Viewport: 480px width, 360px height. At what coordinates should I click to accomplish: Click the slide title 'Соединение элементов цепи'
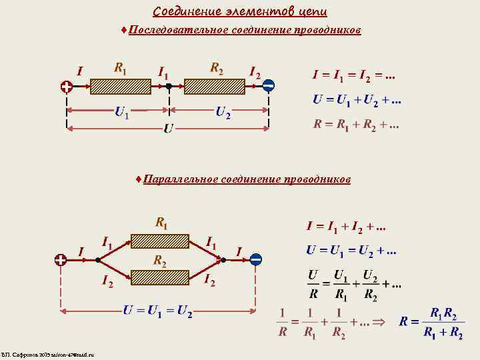pos(240,11)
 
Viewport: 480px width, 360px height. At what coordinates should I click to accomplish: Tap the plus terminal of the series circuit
pos(67,86)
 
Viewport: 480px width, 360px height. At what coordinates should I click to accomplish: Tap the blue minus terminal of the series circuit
pos(268,85)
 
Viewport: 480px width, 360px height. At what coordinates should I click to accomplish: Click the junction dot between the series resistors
pos(169,86)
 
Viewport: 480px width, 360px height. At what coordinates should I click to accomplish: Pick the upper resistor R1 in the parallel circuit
pos(160,241)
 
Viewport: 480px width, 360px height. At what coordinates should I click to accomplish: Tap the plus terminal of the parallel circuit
pos(61,259)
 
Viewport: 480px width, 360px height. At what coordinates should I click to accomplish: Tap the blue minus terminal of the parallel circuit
pos(256,259)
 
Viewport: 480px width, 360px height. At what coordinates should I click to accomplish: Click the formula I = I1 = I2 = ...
pos(353,75)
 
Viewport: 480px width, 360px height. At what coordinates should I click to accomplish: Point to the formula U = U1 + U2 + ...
pos(357,100)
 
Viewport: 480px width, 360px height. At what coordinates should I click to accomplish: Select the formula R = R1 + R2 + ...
pos(356,125)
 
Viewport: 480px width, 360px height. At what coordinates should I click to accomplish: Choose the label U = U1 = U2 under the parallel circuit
pos(157,311)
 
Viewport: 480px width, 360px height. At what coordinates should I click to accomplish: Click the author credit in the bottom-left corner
pos(48,355)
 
